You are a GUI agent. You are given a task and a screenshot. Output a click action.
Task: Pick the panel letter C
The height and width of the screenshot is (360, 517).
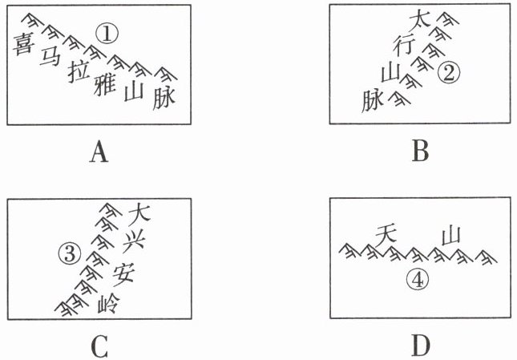click(99, 346)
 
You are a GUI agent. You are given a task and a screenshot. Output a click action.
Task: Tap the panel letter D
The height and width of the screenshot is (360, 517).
click(420, 346)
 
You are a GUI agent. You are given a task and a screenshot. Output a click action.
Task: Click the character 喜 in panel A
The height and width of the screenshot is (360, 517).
click(22, 46)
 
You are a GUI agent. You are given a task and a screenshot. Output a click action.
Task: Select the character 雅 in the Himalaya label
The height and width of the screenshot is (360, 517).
click(104, 83)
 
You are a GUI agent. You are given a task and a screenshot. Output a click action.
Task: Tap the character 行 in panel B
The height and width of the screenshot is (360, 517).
click(405, 45)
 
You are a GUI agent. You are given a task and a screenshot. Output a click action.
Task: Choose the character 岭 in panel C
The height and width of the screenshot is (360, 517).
click(108, 305)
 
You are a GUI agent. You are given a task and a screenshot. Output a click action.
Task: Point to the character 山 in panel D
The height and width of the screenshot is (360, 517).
click(450, 237)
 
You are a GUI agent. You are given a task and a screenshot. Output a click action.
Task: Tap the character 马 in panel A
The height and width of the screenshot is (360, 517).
click(50, 57)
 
